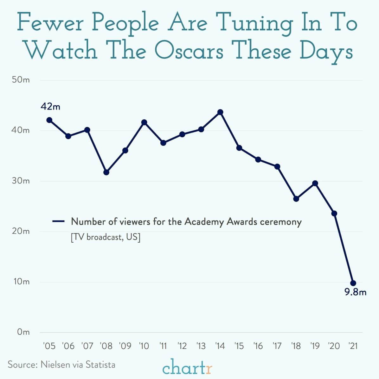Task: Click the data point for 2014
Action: click(x=220, y=112)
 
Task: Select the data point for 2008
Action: click(x=106, y=172)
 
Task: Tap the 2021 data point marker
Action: click(x=353, y=283)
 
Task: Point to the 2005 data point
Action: click(x=49, y=120)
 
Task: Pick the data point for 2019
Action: click(x=315, y=183)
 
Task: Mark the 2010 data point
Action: click(x=144, y=122)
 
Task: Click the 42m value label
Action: click(x=50, y=107)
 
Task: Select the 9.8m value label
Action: click(x=355, y=292)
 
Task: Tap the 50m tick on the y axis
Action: click(x=21, y=80)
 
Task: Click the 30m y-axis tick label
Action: click(x=21, y=181)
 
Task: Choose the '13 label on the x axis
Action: click(x=201, y=346)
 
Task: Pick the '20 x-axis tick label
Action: click(x=334, y=346)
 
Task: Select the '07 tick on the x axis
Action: click(x=87, y=346)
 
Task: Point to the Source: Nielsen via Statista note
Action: click(x=61, y=364)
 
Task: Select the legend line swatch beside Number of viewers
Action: click(x=58, y=221)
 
